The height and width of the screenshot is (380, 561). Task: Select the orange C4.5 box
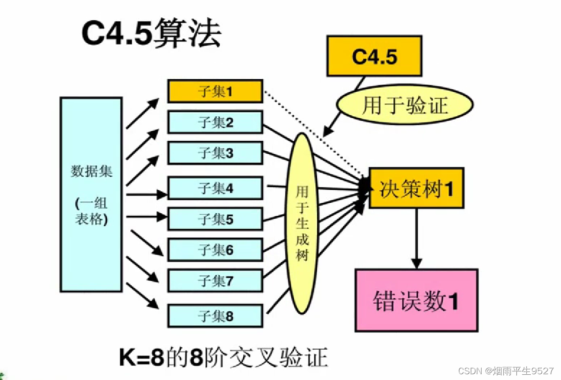(x=374, y=56)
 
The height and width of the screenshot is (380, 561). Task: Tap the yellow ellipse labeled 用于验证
(x=404, y=104)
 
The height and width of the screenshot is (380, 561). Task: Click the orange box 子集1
(x=215, y=91)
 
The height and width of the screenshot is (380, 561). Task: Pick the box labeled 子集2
(x=215, y=122)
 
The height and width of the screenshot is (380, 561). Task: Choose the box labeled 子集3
(x=215, y=153)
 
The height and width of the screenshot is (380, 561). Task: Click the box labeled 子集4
(x=215, y=188)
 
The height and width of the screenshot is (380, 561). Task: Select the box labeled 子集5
(x=215, y=219)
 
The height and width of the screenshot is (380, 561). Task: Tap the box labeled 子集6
(x=215, y=250)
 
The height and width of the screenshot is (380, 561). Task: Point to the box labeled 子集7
(x=215, y=281)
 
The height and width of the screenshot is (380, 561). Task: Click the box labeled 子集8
(x=215, y=316)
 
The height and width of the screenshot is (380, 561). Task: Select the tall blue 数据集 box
(x=91, y=195)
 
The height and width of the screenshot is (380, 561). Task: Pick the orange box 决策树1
(x=416, y=188)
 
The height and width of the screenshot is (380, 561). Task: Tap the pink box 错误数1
(x=416, y=301)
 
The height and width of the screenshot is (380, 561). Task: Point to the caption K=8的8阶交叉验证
(x=224, y=358)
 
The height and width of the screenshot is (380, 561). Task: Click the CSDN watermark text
(x=505, y=371)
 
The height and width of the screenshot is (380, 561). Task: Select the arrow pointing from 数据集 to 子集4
(x=147, y=195)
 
